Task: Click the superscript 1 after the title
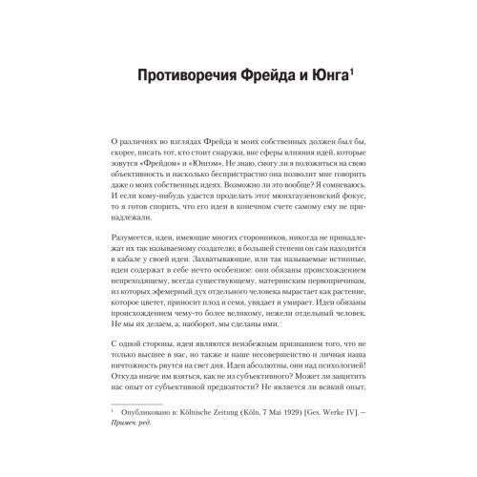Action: point(351,71)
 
